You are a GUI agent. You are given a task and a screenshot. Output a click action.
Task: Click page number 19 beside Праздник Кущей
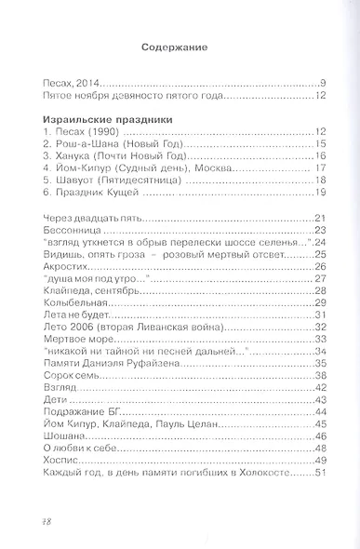tap(317, 193)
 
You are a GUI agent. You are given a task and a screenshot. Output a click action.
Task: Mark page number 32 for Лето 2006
tap(316, 327)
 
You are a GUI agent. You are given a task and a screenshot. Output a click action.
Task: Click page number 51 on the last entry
tap(316, 473)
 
